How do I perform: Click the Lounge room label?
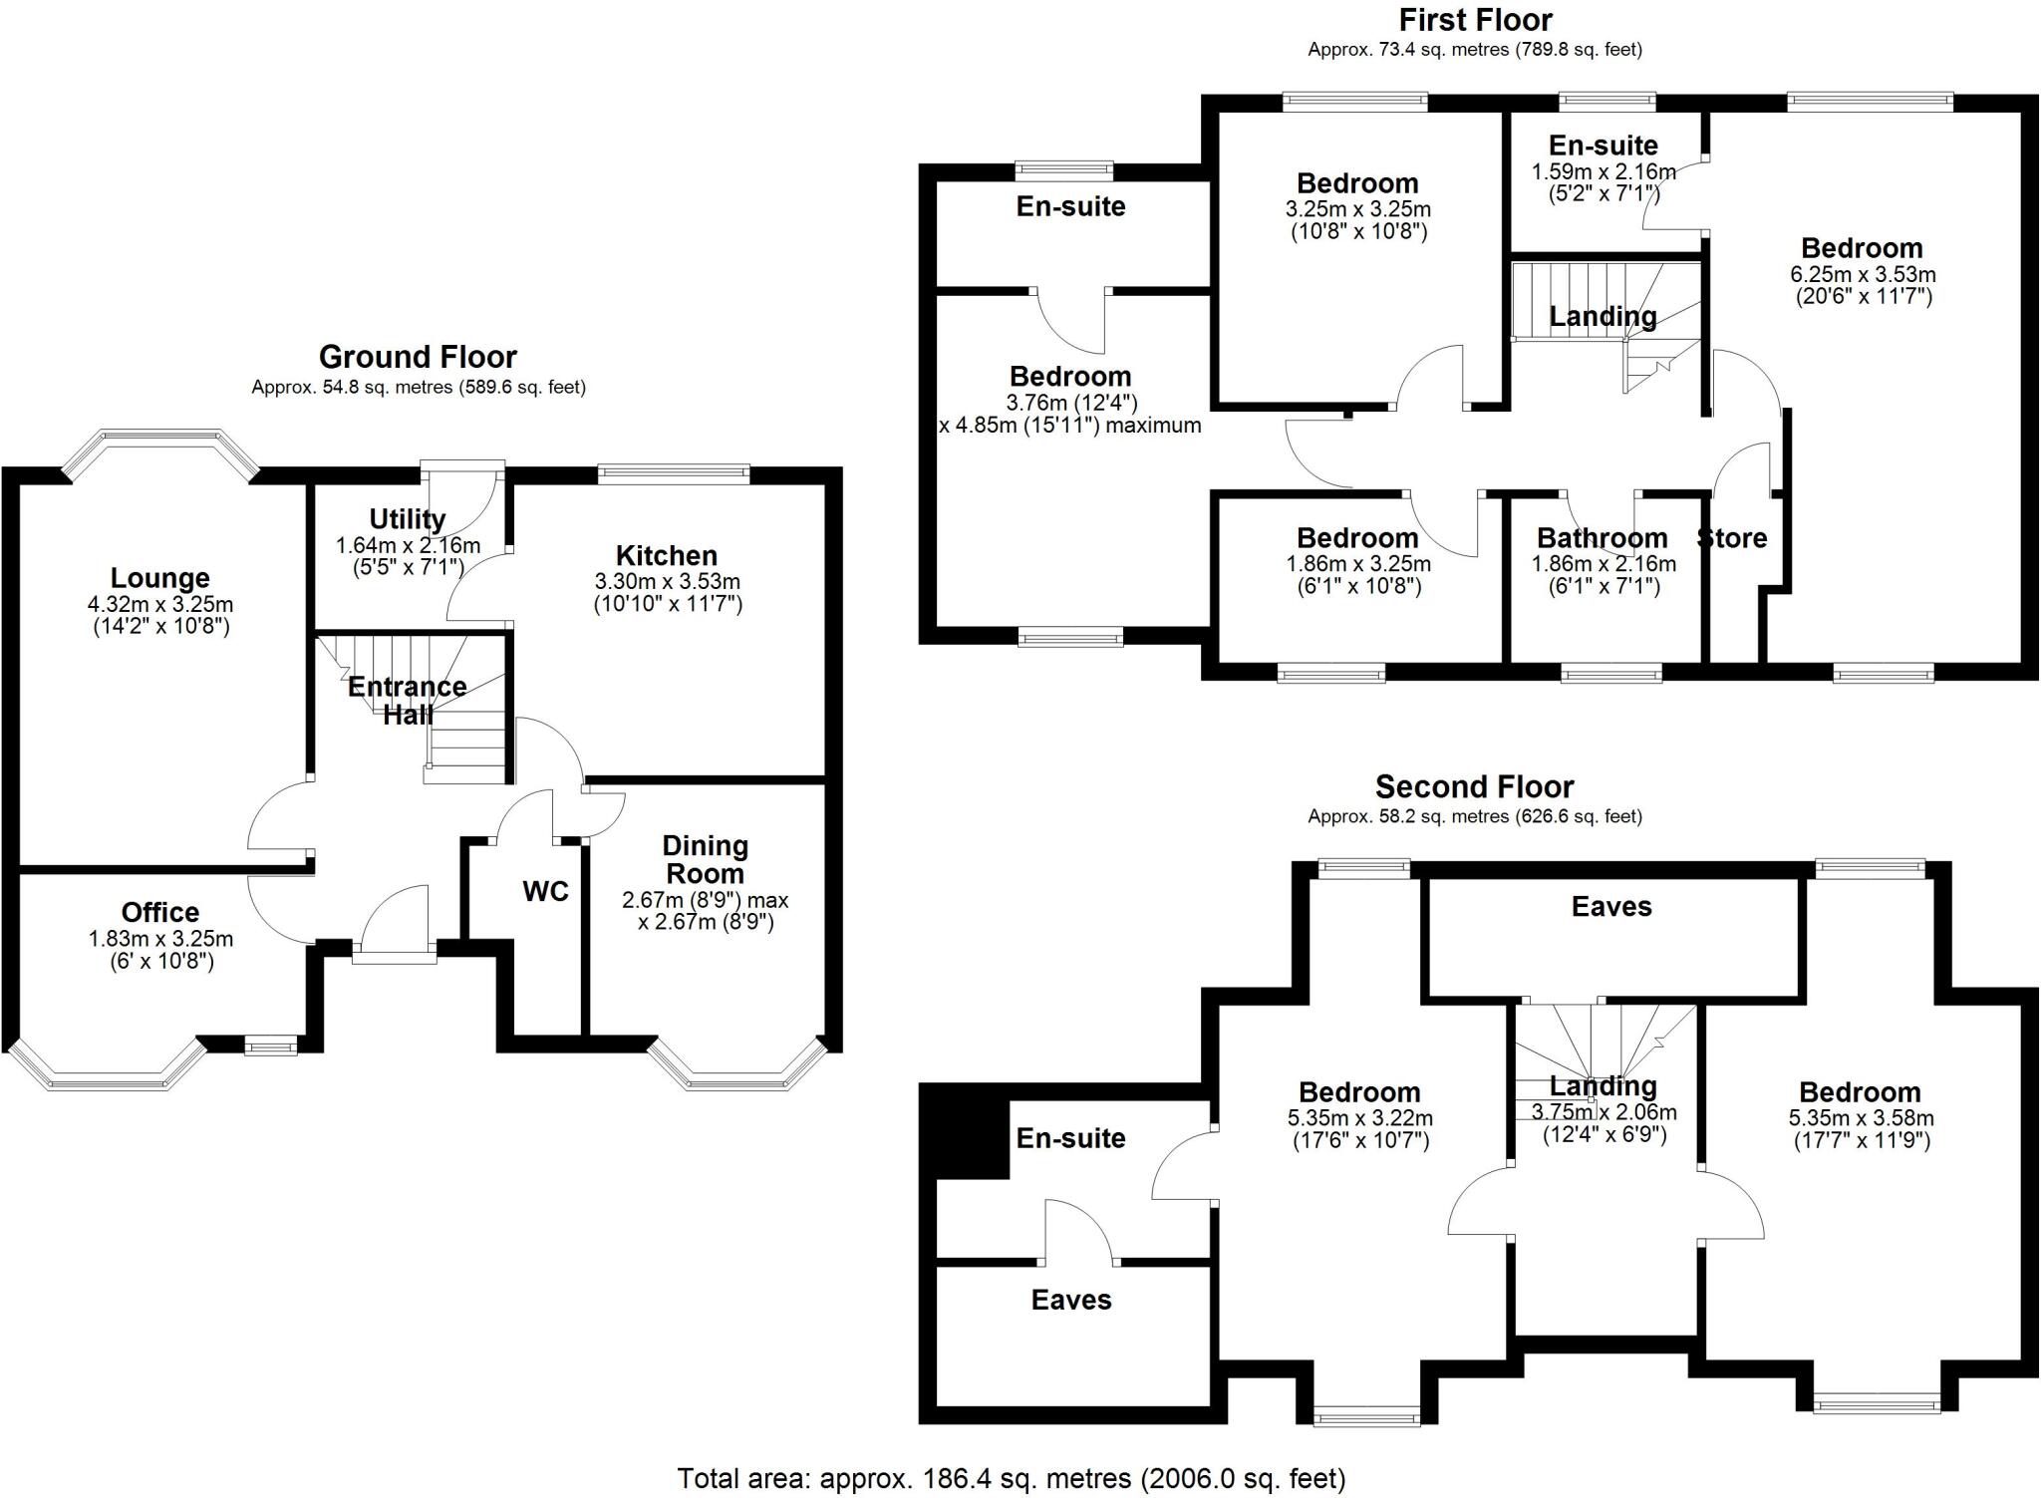[x=159, y=578]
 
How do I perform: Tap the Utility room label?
[x=407, y=519]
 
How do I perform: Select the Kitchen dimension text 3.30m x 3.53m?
[x=667, y=581]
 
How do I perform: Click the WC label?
[x=545, y=891]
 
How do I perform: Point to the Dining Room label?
[x=705, y=859]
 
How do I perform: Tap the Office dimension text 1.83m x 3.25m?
[x=160, y=938]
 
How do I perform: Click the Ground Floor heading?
[x=418, y=357]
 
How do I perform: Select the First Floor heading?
[x=1475, y=20]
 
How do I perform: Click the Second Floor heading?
[x=1474, y=787]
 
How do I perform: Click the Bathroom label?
[x=1602, y=538]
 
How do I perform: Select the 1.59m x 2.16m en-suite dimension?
[x=1603, y=171]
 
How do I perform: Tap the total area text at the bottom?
[x=1011, y=1478]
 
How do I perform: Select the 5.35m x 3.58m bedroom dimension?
[x=1860, y=1118]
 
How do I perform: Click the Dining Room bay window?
[x=737, y=1072]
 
